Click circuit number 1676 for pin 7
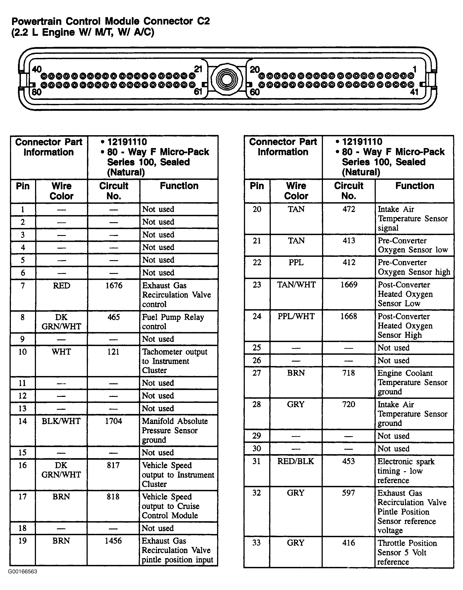coord(114,285)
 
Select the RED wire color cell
coord(61,285)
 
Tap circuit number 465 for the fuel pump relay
coord(114,317)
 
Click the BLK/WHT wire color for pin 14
coord(61,421)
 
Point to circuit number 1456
coord(113,541)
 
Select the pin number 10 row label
coord(22,352)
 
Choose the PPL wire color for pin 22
coord(296,262)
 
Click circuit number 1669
coord(349,285)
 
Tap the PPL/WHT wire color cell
coord(296,316)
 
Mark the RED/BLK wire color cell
coord(296,461)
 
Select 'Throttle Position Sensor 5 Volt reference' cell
coord(407,552)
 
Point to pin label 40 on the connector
coord(37,69)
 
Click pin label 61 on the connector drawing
coord(198,92)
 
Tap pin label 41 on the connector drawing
coord(414,92)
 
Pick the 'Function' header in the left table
coord(179,186)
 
